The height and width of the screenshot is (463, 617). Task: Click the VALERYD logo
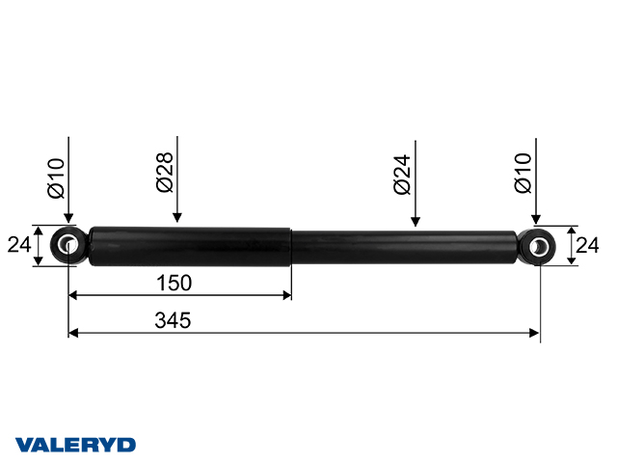(75, 445)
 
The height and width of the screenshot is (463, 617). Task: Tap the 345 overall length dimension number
(173, 320)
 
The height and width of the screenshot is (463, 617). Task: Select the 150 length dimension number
(174, 283)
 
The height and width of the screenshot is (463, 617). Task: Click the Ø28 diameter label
(165, 173)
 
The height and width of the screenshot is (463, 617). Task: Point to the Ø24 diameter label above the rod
(402, 175)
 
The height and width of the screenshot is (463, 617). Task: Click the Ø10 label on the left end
(56, 177)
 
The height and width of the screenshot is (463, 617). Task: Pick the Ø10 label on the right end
(523, 173)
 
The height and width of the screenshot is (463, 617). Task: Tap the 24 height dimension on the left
(19, 245)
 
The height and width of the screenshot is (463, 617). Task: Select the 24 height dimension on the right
(587, 245)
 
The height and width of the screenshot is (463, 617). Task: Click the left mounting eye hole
(68, 245)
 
